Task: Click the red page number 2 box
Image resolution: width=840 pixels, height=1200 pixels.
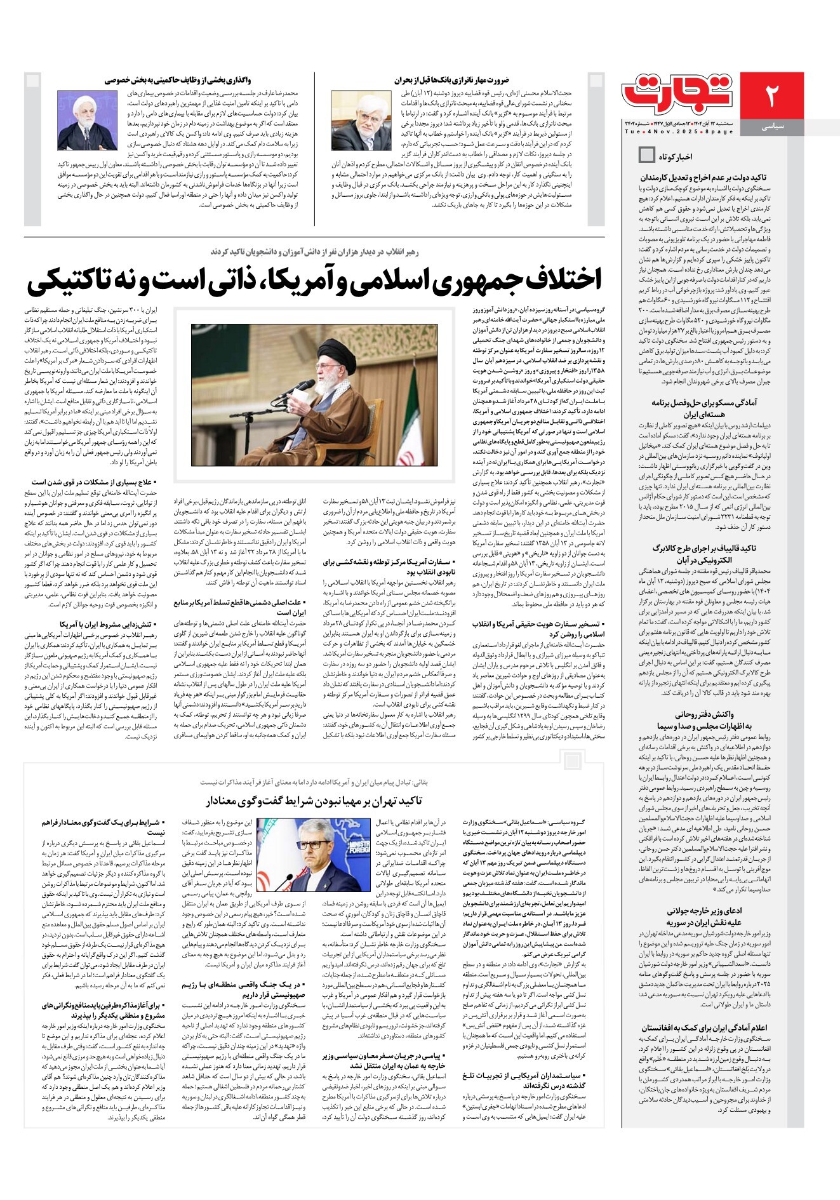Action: pos(771,95)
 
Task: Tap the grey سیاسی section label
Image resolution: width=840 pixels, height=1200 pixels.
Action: pos(772,127)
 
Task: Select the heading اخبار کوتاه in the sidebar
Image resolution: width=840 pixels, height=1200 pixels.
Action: pos(676,156)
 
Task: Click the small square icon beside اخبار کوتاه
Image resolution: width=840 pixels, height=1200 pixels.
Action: pos(647,154)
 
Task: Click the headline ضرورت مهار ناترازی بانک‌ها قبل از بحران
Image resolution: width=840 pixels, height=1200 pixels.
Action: pos(451,80)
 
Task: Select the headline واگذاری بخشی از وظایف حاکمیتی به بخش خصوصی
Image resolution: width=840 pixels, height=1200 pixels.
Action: pos(178,80)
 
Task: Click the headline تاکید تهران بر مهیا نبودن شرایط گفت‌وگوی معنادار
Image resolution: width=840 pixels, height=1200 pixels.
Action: pos(314,801)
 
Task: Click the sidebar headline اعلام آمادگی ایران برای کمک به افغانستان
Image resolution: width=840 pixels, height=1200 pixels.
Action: pos(704,1027)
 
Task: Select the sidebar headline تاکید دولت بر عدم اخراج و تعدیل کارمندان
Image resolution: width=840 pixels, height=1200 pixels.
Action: pos(703,178)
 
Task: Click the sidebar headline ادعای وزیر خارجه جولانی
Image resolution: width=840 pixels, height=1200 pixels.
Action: pos(704,910)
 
